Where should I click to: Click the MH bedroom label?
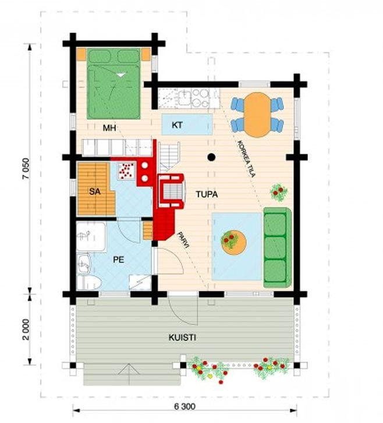click(109, 128)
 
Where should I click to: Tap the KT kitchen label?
click(177, 125)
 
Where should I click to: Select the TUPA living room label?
click(207, 194)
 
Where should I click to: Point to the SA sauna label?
click(95, 191)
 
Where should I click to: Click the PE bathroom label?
click(119, 260)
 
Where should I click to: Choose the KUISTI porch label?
click(182, 337)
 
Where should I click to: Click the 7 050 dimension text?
click(26, 169)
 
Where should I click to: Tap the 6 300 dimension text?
click(185, 407)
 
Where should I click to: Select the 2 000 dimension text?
click(26, 329)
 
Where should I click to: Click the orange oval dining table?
click(257, 115)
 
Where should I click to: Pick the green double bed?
click(114, 84)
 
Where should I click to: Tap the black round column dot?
click(211, 157)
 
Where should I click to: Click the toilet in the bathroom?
click(89, 283)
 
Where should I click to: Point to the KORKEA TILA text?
click(246, 159)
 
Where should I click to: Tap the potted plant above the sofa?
click(279, 192)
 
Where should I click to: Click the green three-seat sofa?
click(278, 247)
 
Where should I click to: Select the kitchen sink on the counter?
click(185, 98)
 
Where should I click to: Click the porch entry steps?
click(132, 374)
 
